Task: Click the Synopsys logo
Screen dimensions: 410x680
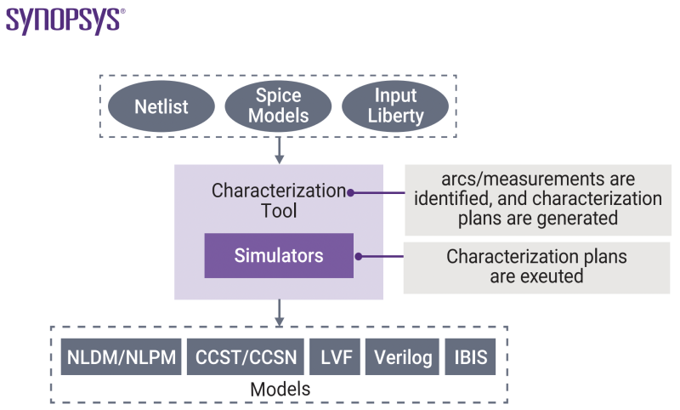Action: point(65,20)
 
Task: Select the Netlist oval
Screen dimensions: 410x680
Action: point(161,107)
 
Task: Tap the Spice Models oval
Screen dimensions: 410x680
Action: point(278,105)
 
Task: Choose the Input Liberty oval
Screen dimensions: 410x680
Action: point(395,106)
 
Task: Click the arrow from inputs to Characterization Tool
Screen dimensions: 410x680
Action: point(279,151)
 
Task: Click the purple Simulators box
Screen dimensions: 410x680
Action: point(279,256)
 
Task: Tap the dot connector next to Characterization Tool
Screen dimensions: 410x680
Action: point(349,192)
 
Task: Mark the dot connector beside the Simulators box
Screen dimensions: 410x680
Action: point(359,256)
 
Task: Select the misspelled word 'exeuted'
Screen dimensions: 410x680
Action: point(553,276)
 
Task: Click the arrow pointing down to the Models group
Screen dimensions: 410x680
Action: point(279,312)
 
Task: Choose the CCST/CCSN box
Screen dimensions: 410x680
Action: point(246,357)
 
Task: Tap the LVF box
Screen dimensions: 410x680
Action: point(334,357)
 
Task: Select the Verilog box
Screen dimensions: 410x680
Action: point(405,357)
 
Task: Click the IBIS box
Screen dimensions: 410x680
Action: point(470,357)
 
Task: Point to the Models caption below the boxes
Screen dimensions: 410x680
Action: point(280,389)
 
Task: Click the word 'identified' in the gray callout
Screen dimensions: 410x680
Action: point(456,199)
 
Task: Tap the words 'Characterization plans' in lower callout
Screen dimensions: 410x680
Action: point(536,256)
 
